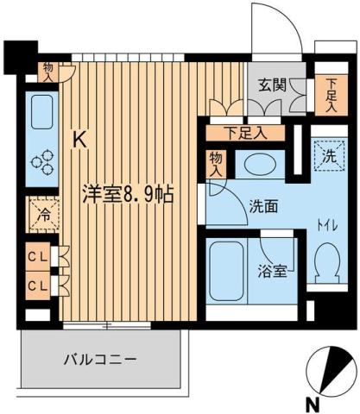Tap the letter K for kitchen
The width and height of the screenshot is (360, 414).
click(79, 137)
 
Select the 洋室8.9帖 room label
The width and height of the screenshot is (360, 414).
click(128, 193)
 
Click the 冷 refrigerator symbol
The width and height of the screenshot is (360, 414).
click(41, 216)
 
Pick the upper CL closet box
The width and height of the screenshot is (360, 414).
click(37, 256)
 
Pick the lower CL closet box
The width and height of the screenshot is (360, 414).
click(37, 285)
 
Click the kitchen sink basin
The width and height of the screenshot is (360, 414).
click(41, 112)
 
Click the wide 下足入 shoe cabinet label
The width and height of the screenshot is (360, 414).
click(244, 132)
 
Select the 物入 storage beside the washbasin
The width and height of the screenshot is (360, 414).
click(216, 164)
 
